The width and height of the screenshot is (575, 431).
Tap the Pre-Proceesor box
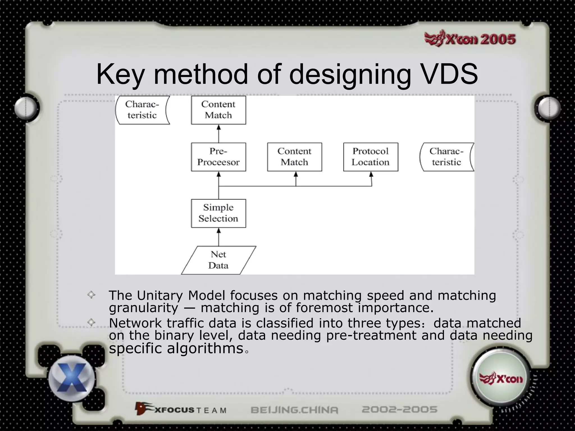point(218,157)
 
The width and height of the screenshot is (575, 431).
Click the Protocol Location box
point(371,157)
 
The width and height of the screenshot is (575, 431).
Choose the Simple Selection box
point(218,213)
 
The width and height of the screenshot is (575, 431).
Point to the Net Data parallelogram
point(218,260)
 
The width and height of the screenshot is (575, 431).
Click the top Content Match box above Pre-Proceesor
point(218,110)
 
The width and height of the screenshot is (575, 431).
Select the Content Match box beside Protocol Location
point(295,157)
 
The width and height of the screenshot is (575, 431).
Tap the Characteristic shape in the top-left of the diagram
point(142,110)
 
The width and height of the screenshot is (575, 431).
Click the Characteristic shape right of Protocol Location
point(446,157)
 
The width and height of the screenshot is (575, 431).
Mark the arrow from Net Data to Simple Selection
point(219,237)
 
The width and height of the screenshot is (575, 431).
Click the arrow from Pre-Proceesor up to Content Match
point(219,134)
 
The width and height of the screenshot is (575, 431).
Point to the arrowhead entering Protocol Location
point(371,175)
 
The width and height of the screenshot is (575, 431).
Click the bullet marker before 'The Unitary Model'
point(91,295)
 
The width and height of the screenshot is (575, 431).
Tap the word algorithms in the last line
point(205,348)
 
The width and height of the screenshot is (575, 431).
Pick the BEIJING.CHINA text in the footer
point(294,410)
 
